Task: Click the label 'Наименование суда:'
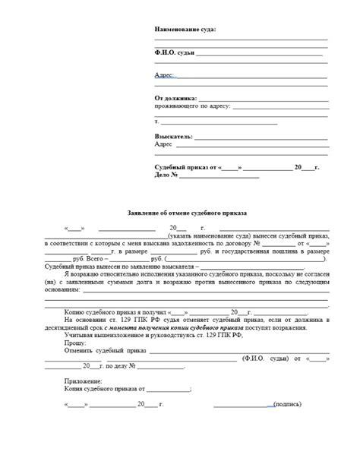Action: point(185,29)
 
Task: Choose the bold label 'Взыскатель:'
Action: point(173,137)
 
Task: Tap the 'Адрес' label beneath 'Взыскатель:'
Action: point(163,144)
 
